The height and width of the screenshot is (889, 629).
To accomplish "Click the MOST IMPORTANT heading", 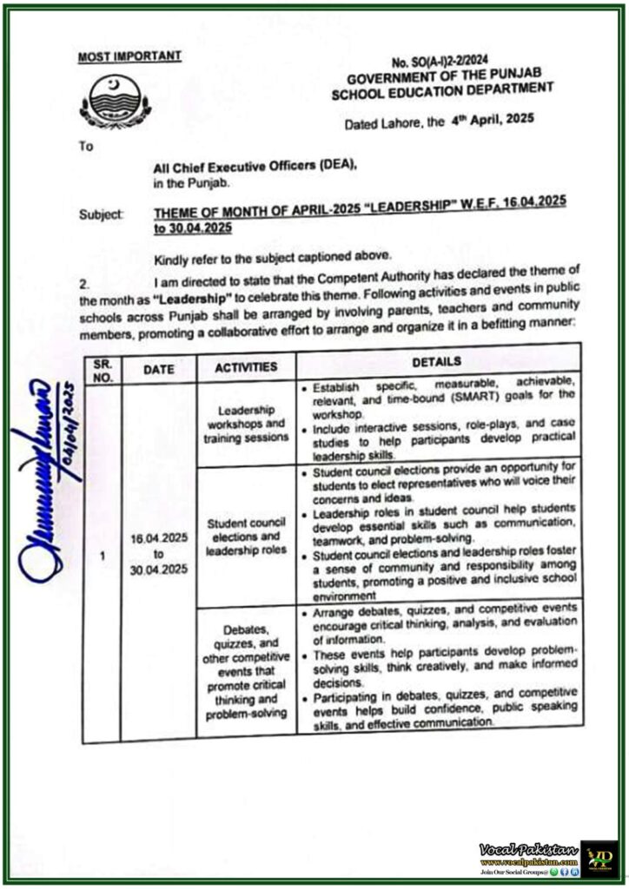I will point(129,56).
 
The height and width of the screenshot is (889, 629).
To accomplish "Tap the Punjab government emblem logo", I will point(115,101).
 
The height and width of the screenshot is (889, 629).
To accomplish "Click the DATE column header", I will point(158,369).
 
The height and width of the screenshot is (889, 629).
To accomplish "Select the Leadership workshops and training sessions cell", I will point(246,424).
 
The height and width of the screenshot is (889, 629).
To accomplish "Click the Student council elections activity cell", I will point(246,530).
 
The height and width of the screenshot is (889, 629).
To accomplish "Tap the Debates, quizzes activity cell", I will point(246,669).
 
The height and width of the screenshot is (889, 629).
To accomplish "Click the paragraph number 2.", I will point(84,284).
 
